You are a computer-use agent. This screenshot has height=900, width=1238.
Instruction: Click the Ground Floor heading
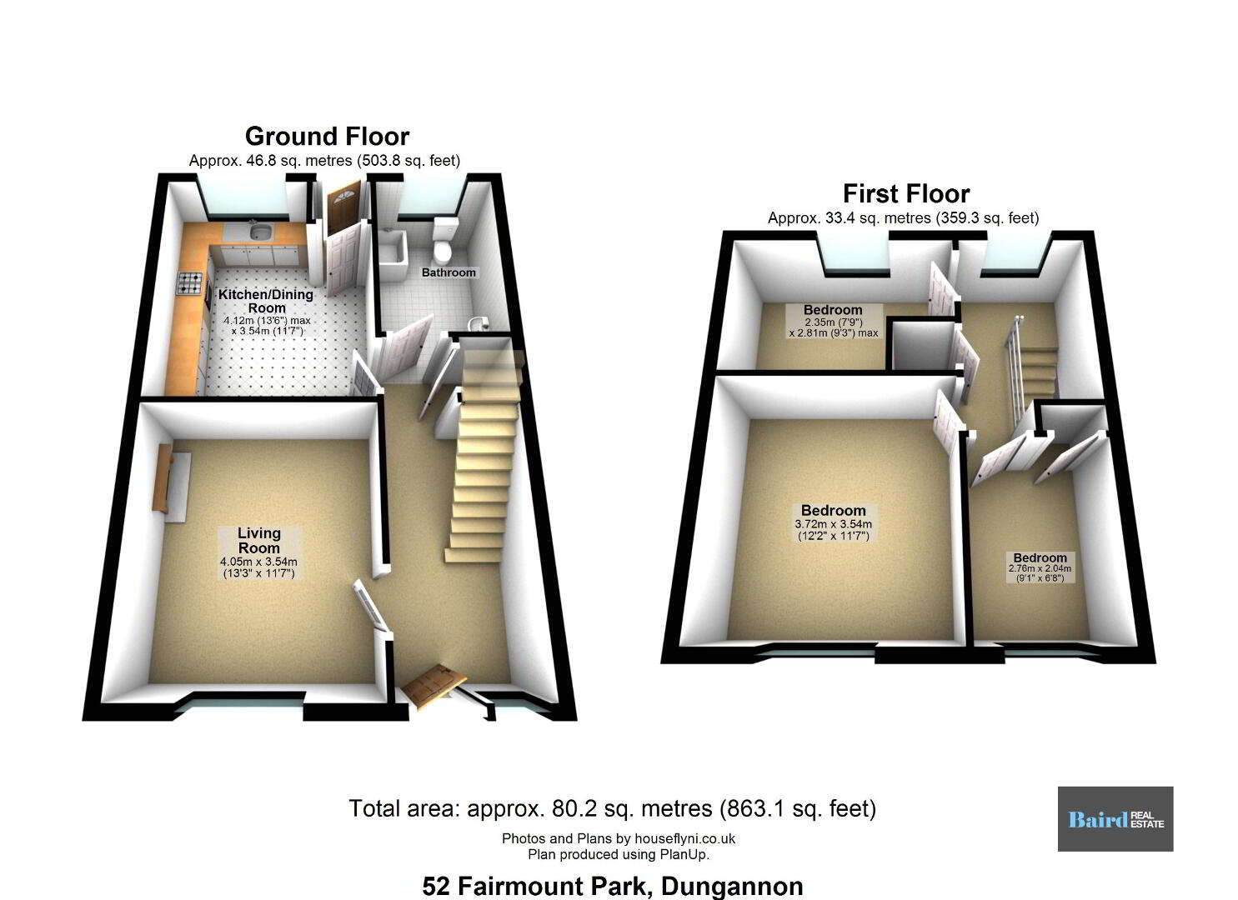[x=327, y=136]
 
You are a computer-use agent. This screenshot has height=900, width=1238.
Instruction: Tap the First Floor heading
[x=906, y=194]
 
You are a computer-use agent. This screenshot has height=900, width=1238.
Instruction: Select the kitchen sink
[x=258, y=230]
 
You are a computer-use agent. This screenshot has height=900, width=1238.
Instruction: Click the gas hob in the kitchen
[x=189, y=283]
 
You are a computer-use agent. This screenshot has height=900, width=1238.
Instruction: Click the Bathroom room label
[x=449, y=272]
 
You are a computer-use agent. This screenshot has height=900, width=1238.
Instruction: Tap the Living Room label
[x=258, y=540]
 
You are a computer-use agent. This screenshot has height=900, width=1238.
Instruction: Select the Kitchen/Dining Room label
[x=266, y=301]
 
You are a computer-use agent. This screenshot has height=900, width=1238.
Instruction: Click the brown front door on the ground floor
[x=434, y=686]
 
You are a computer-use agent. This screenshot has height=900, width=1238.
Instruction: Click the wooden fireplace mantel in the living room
[x=163, y=479]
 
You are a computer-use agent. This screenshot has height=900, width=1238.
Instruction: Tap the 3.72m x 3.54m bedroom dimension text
[x=833, y=530]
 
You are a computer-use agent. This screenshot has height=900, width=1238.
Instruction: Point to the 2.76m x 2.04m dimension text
[x=1040, y=573]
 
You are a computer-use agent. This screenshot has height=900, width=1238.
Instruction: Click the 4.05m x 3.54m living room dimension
[x=258, y=567]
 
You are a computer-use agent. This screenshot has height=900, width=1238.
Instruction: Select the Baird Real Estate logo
[x=1115, y=819]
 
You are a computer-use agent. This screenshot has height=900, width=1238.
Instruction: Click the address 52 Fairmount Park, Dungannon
[x=613, y=886]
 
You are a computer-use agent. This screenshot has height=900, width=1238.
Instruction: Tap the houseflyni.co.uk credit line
[x=619, y=838]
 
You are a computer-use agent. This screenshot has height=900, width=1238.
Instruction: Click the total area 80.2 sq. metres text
[x=613, y=808]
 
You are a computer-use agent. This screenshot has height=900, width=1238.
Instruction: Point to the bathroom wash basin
[x=476, y=324]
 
